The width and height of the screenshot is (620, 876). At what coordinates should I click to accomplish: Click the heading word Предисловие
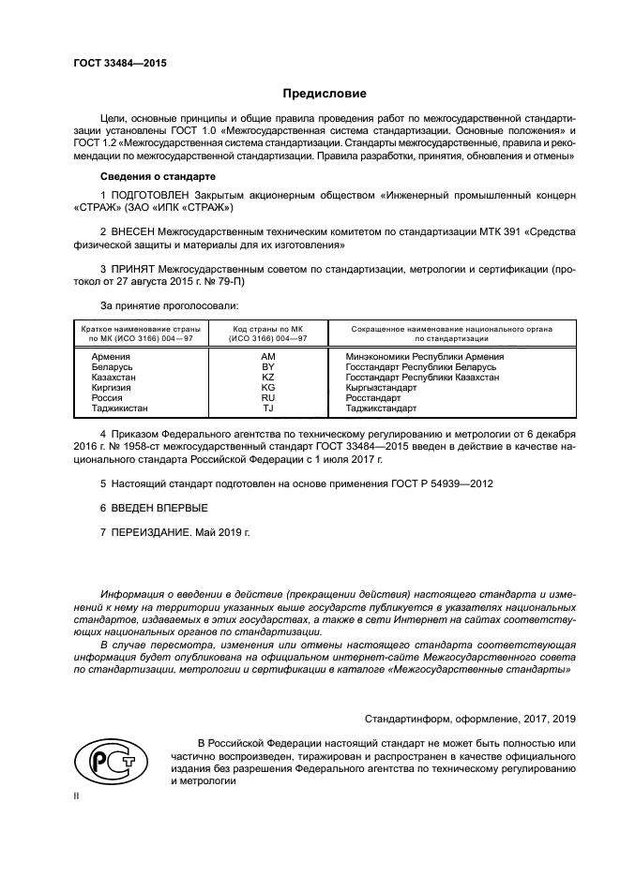click(x=325, y=94)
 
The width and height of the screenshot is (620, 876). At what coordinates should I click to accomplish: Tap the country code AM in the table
click(x=267, y=357)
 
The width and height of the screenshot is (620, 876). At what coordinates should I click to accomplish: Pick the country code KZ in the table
click(x=267, y=378)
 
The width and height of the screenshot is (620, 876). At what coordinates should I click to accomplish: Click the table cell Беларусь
click(x=113, y=367)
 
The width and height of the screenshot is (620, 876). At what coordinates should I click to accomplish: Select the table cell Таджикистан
click(x=119, y=408)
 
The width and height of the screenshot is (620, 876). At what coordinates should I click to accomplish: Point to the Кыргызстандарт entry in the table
click(x=381, y=388)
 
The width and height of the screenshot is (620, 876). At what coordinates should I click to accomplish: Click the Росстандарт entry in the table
click(x=372, y=398)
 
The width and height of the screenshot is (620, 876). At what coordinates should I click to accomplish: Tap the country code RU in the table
click(x=267, y=398)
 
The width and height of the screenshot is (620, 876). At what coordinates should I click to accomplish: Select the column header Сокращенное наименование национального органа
click(x=451, y=329)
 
